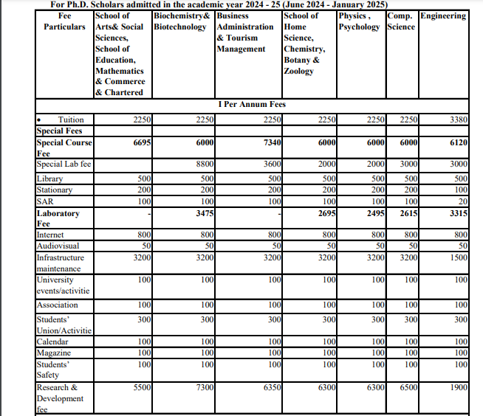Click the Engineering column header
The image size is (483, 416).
pos(443,15)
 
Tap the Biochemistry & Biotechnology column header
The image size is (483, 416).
pos(181,21)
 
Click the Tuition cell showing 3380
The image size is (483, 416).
pos(459,119)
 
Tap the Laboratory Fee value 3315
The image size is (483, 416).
pos(459,213)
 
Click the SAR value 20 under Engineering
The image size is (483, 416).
pos(462,201)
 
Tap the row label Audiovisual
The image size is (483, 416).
pos(58,246)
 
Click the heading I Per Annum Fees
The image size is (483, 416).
pos(252,104)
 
